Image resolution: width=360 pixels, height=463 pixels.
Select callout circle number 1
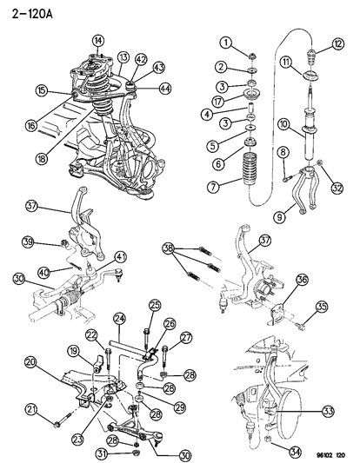pyautogui.click(x=224, y=43)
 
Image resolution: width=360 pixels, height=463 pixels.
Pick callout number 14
pyautogui.click(x=97, y=39)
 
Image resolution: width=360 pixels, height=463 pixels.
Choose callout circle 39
pyautogui.click(x=53, y=241)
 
